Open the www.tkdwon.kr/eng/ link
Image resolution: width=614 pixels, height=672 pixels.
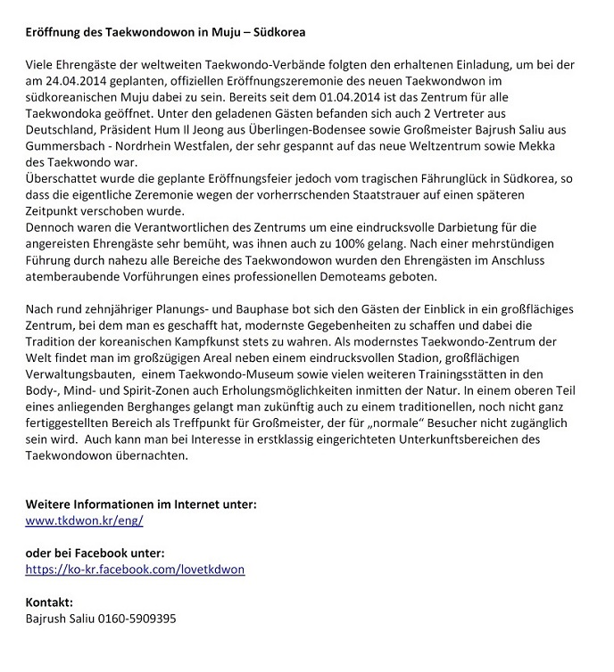coord(84,520)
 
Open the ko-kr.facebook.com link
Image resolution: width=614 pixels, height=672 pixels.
coord(135,568)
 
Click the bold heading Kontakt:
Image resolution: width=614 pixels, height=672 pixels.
coord(49,602)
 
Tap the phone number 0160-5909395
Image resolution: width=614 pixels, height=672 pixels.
coord(136,618)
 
